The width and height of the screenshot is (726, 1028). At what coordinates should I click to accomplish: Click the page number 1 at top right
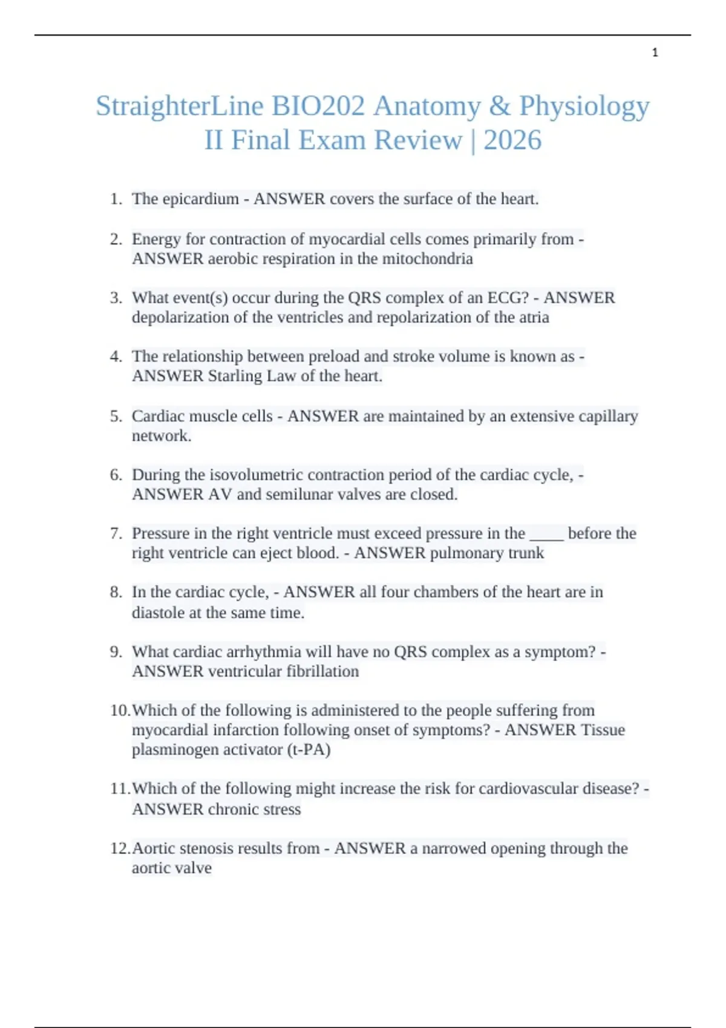(x=655, y=53)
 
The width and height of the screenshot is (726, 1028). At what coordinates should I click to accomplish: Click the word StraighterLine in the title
(x=180, y=106)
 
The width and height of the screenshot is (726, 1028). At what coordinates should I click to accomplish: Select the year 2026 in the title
(x=512, y=140)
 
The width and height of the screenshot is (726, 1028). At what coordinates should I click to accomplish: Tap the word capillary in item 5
(x=608, y=416)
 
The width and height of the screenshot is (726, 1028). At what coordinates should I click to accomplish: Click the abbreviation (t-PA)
(x=309, y=749)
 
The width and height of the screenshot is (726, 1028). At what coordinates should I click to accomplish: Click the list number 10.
(x=119, y=710)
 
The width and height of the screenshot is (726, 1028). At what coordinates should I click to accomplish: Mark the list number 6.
(x=116, y=475)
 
